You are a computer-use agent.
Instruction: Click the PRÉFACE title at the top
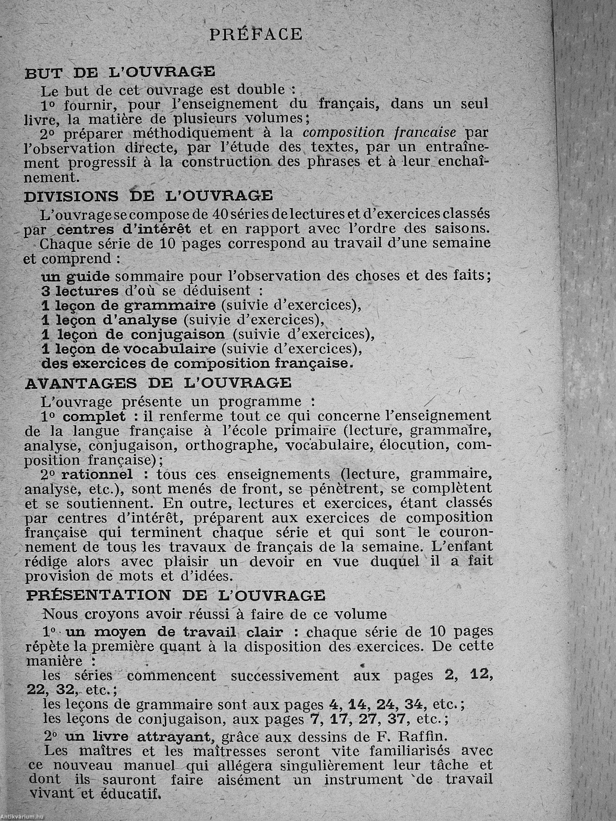pyautogui.click(x=256, y=35)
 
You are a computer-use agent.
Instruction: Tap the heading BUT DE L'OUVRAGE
pyautogui.click(x=120, y=72)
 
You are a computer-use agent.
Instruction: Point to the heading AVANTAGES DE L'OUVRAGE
pyautogui.click(x=158, y=383)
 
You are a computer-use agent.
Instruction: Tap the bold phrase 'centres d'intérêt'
pyautogui.click(x=124, y=229)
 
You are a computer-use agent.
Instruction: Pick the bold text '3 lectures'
pyautogui.click(x=80, y=291)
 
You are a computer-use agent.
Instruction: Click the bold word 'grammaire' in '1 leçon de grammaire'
pyautogui.click(x=169, y=305)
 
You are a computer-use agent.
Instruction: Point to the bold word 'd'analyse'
pyautogui.click(x=142, y=320)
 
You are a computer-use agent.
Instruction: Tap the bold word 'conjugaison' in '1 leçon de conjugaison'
pyautogui.click(x=177, y=335)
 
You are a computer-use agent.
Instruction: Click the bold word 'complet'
pyautogui.click(x=94, y=416)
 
